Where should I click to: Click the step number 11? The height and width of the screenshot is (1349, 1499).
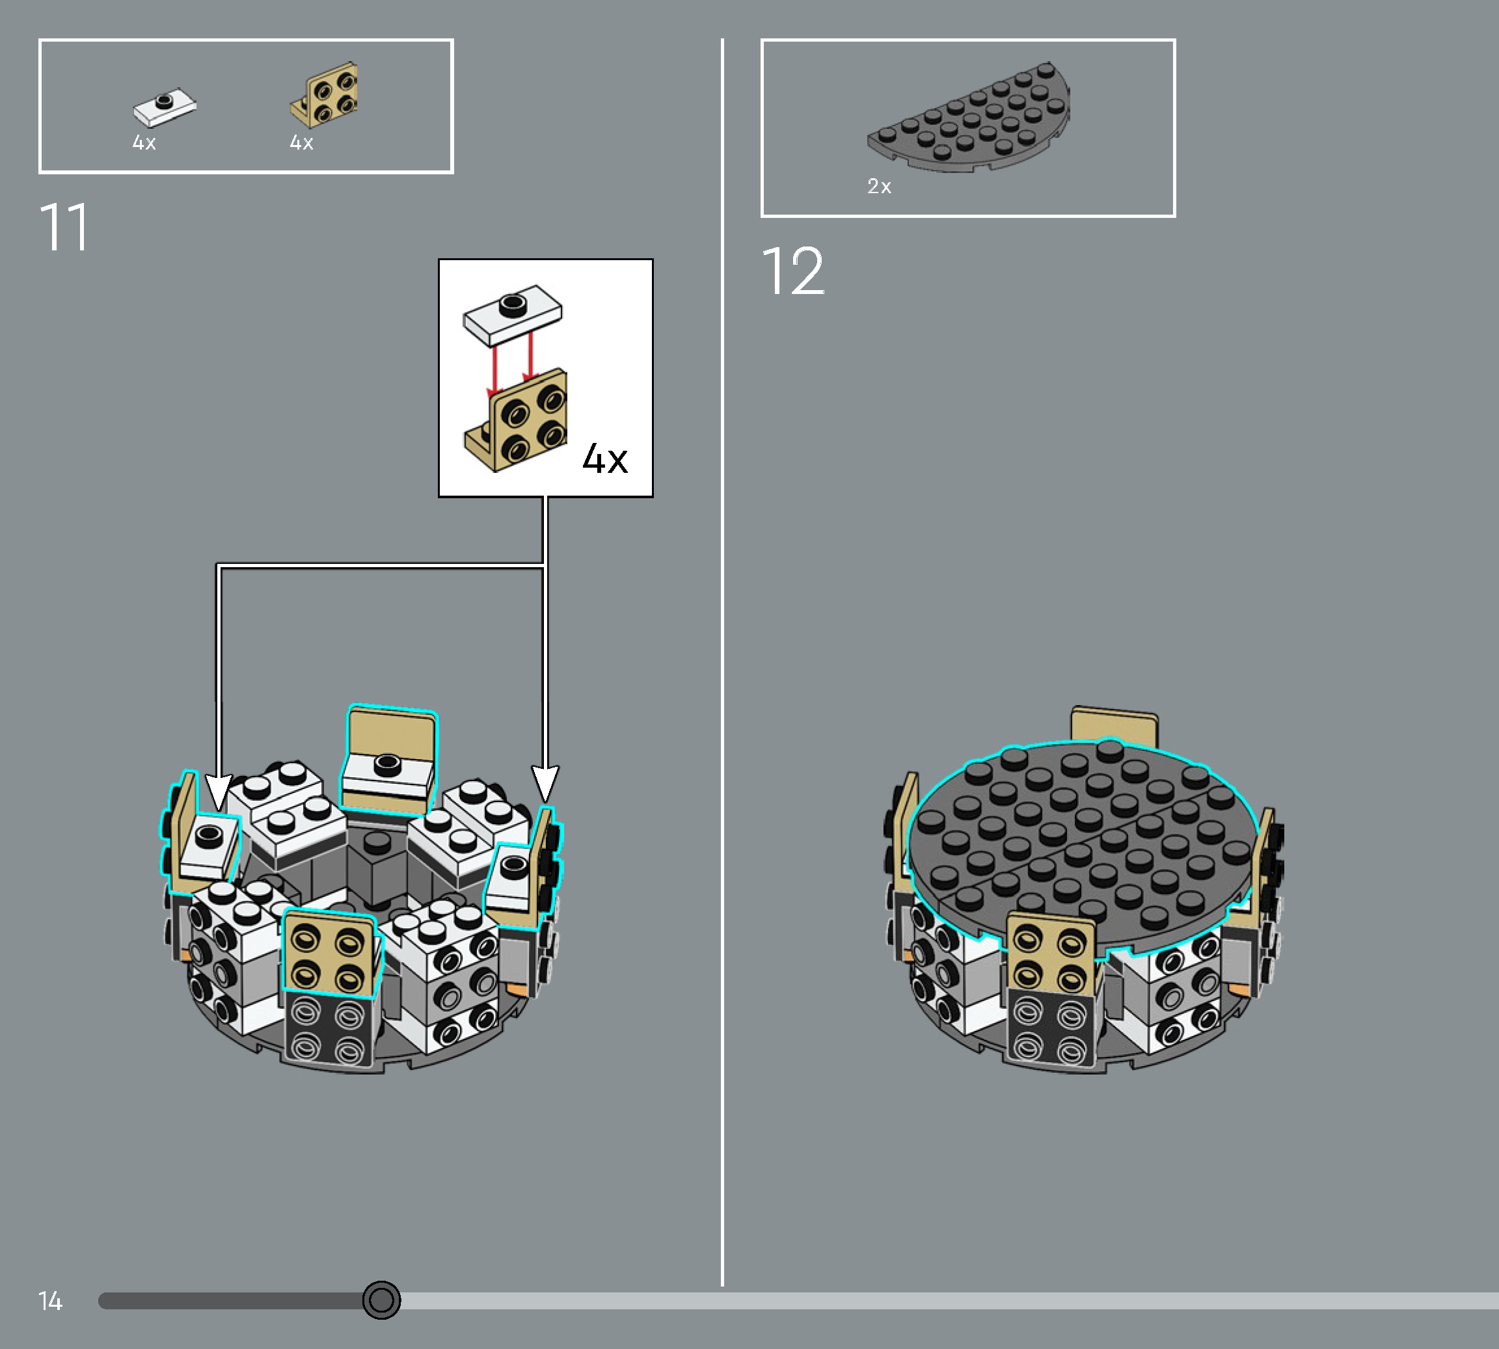click(x=64, y=228)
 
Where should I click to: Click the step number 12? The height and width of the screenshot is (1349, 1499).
click(x=792, y=272)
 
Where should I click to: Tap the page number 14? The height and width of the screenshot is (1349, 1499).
click(x=50, y=1301)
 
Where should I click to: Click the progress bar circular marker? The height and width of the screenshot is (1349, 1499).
click(x=381, y=1300)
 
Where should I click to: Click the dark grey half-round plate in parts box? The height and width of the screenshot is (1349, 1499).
click(x=969, y=120)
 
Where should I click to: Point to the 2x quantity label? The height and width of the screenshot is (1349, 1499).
click(x=878, y=186)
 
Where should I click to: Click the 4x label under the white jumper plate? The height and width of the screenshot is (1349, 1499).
click(x=144, y=143)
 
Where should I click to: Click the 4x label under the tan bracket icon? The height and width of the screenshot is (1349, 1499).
click(x=301, y=143)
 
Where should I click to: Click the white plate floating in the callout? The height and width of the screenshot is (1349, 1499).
click(x=512, y=314)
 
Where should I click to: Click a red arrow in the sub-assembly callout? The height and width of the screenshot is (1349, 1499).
click(x=494, y=369)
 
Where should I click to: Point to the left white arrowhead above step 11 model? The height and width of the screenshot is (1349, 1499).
click(x=218, y=792)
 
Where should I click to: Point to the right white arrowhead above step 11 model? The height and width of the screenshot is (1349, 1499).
click(x=545, y=784)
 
